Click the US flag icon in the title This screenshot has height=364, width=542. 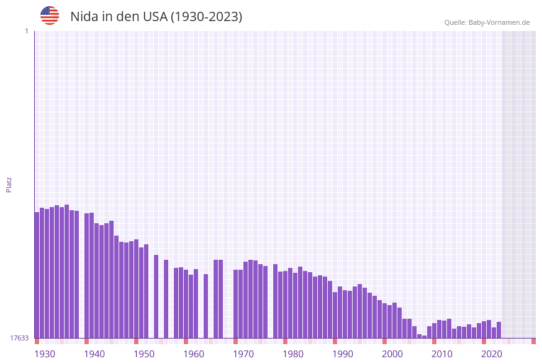(50, 16)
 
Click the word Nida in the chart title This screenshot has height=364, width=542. (83, 17)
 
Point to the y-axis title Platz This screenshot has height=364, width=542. (9, 184)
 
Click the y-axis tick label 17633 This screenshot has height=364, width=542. (19, 338)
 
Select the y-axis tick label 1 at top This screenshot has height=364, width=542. (26, 31)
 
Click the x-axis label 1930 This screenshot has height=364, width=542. (45, 353)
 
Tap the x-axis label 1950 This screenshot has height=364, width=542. (144, 353)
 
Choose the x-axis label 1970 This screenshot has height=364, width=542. (243, 353)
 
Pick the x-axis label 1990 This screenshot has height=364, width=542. (343, 353)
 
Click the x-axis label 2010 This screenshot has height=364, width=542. (442, 353)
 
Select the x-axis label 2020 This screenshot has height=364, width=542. (492, 353)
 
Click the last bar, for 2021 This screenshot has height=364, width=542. (499, 330)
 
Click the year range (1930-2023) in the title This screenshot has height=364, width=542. (207, 17)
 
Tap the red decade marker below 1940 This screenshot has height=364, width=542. (86, 341)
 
